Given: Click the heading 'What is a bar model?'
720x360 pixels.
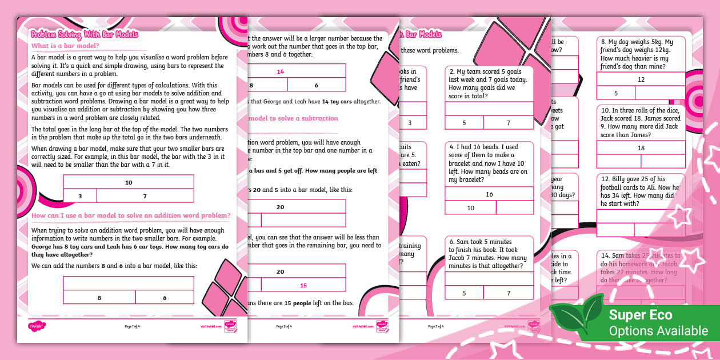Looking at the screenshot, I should click(x=65, y=46).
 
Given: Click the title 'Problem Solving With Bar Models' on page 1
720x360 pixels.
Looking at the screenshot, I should click(x=85, y=34).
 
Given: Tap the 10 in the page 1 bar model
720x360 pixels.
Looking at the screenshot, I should click(x=129, y=182).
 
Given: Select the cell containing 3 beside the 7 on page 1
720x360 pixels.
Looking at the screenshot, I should click(x=79, y=196).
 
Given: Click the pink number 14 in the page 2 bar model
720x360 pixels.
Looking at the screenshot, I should click(x=280, y=71).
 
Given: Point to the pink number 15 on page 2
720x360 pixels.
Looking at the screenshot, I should click(x=303, y=285).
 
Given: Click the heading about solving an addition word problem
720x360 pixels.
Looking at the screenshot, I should click(x=131, y=215).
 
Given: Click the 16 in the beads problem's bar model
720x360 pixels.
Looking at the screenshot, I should click(x=489, y=194).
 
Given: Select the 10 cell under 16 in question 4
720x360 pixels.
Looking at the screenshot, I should click(x=470, y=208).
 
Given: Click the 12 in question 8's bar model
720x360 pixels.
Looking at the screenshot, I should click(x=641, y=80).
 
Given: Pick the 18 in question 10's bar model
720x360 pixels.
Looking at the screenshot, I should click(x=641, y=148).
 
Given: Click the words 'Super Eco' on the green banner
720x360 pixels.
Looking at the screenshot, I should click(x=641, y=314).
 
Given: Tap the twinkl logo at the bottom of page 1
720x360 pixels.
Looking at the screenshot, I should click(x=37, y=326).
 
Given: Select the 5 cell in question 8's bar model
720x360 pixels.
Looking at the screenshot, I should click(x=615, y=93).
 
